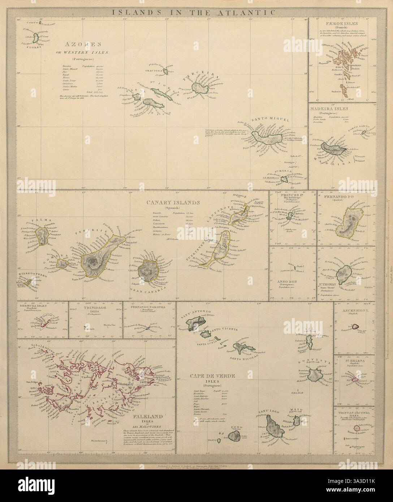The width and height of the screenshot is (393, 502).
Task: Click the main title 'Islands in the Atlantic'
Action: [196, 12]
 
